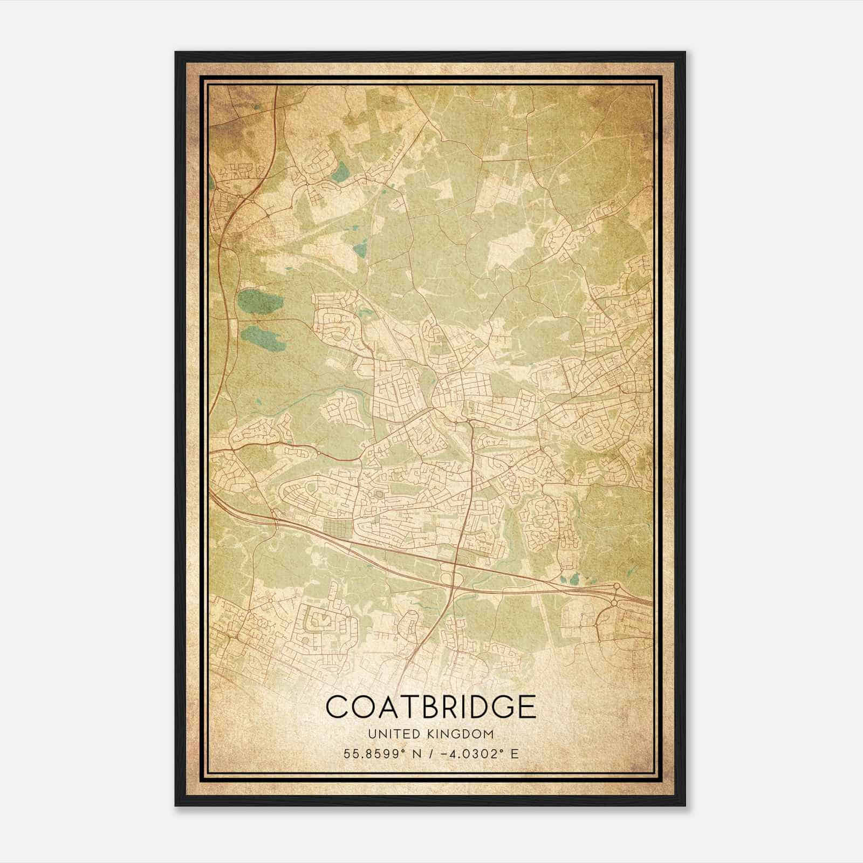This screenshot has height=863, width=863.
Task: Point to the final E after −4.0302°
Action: click(515, 754)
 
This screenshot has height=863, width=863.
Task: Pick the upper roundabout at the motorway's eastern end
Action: click(616, 586)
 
